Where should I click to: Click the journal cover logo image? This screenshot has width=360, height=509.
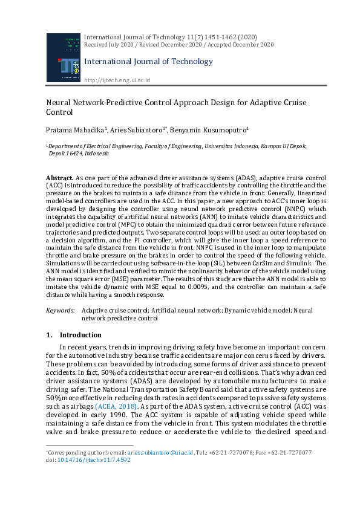point(63,57)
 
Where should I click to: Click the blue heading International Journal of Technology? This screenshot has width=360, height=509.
point(148,61)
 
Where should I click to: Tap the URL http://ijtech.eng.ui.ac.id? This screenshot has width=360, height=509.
point(117,80)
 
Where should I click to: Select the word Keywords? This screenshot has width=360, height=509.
point(61,310)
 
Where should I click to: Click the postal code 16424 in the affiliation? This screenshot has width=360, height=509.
point(73,154)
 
